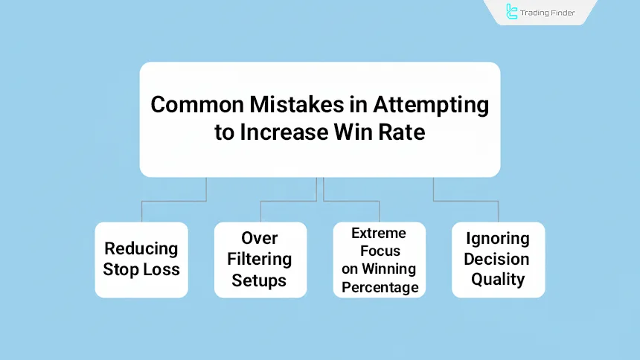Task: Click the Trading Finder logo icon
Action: click(512, 11)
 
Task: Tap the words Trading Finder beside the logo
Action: click(548, 12)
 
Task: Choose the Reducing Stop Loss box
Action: click(141, 260)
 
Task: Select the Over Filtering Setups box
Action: click(260, 260)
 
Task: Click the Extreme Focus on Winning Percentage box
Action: click(379, 260)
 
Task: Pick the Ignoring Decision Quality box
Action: click(498, 260)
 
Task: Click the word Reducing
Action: click(141, 249)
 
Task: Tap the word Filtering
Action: click(260, 259)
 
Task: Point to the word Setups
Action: click(259, 280)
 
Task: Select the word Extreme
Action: click(379, 234)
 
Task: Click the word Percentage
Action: click(380, 287)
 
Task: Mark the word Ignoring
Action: click(498, 239)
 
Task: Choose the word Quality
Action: click(498, 280)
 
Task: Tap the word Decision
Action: click(497, 259)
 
